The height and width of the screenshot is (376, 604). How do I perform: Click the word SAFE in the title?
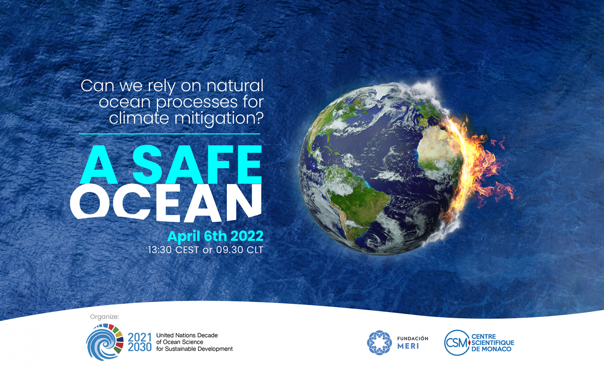coord(197,164)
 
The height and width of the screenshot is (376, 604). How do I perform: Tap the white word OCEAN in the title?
coord(166,203)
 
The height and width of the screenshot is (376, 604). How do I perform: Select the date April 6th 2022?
coord(215,236)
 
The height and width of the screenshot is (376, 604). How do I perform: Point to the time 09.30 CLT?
coord(239,250)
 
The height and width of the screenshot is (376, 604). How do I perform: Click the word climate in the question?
coord(139,118)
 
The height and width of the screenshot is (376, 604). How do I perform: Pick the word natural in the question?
coord(235,86)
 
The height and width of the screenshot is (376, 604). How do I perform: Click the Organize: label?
coord(104,317)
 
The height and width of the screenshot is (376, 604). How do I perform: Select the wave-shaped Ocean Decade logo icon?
coord(105,342)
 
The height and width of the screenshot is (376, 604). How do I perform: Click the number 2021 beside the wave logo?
coord(139,337)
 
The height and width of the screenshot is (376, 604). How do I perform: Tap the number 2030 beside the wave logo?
coord(139,347)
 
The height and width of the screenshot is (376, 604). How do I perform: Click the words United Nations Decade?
coord(187,335)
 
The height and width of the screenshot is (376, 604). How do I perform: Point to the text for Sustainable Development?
coord(194,349)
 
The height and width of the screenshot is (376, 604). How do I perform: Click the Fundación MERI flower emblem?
coord(379,342)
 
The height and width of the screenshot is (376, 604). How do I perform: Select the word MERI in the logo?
coord(408,346)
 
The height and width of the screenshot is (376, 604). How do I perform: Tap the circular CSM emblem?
coord(457,342)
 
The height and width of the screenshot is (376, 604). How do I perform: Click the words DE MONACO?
coord(491,349)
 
